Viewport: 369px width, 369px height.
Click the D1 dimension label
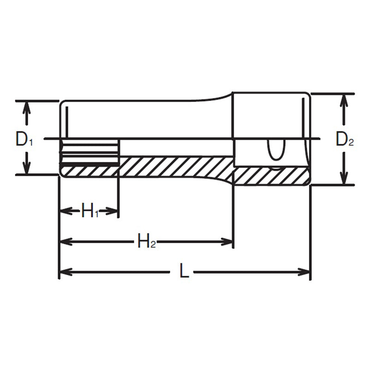(x=24, y=139)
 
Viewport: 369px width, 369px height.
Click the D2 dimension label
(x=344, y=139)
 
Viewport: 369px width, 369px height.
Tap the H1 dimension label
(x=90, y=212)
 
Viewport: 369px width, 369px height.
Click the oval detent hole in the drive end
(x=275, y=150)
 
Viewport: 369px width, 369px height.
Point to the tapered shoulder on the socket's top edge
(x=217, y=97)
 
